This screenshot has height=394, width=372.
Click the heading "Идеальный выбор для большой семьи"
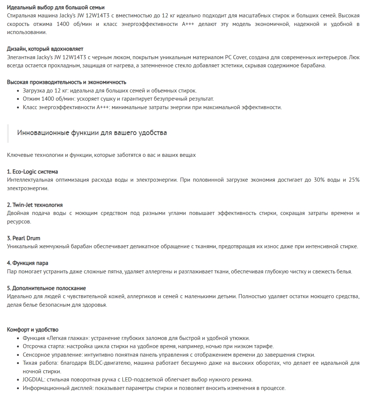click(x=55, y=7)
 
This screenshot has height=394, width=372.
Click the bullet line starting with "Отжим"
click(x=118, y=99)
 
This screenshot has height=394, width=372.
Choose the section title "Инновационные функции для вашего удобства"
click(x=92, y=133)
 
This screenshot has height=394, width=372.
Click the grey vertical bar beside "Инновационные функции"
click(x=8, y=133)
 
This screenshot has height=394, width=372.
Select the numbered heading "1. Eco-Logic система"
click(x=33, y=172)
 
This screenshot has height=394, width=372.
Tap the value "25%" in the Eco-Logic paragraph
click(x=354, y=180)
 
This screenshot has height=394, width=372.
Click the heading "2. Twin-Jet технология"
click(x=35, y=205)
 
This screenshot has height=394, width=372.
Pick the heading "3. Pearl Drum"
click(x=24, y=238)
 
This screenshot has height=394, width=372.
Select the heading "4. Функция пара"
click(x=28, y=263)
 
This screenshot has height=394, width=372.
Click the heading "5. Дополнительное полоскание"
click(x=47, y=288)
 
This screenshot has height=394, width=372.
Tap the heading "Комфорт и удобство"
click(x=33, y=330)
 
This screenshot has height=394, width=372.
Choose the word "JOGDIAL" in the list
click(x=34, y=380)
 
